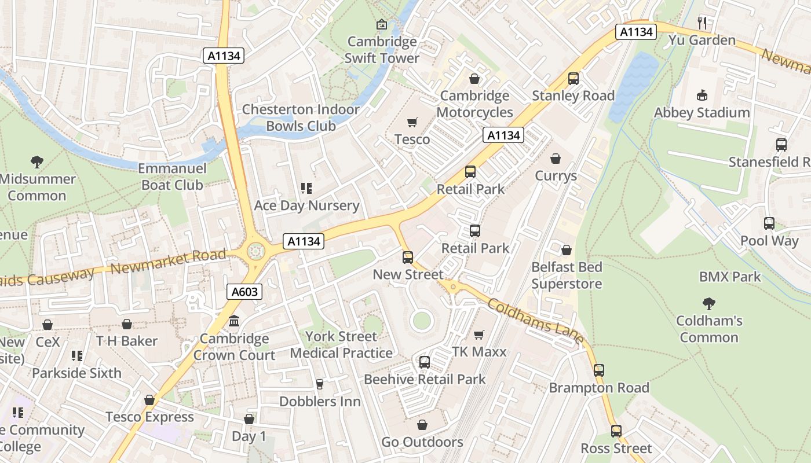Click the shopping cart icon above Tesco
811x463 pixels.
[x=412, y=122]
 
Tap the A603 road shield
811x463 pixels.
[x=244, y=292]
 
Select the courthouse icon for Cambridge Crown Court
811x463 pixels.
[x=234, y=321]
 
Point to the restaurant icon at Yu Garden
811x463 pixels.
[x=702, y=23]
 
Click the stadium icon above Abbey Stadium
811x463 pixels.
[x=702, y=95]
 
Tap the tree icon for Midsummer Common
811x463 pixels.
[x=37, y=161]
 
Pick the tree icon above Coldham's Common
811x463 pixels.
[x=708, y=303]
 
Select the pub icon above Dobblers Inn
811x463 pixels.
[x=319, y=384]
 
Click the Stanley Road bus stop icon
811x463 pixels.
[x=573, y=79]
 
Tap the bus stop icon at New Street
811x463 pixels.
[x=408, y=258]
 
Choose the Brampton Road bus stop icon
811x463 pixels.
[x=599, y=370]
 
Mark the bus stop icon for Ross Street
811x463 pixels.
[x=616, y=431]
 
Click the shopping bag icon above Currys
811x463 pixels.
[x=556, y=159]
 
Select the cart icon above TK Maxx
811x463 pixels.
[x=478, y=335]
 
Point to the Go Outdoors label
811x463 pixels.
[x=422, y=442]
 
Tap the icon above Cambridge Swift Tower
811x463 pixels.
[x=381, y=24]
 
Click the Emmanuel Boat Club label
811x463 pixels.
[x=172, y=177]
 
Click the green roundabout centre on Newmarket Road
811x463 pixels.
[x=255, y=252]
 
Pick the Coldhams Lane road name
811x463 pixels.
[x=535, y=322]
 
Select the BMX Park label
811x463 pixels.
[x=730, y=277]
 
